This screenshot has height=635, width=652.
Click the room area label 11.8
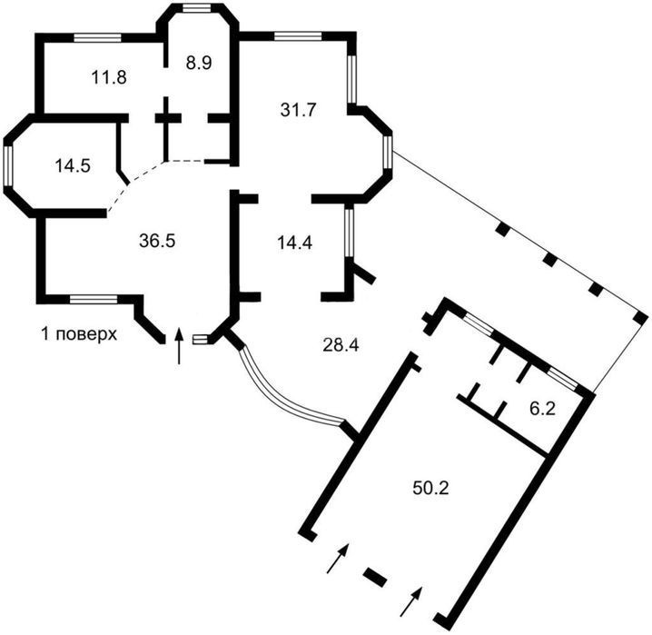click(x=109, y=77)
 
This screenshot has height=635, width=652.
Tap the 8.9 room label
click(x=199, y=63)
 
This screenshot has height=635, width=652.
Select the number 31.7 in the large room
click(x=298, y=110)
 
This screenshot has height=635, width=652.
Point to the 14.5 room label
click(x=73, y=166)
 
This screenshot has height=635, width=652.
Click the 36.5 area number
click(x=157, y=241)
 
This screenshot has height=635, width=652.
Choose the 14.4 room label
click(x=294, y=243)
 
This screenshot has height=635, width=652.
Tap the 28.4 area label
click(x=341, y=345)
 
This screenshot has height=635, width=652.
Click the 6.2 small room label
click(x=543, y=409)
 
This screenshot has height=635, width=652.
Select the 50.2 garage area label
click(x=430, y=488)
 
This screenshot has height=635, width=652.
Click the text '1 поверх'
click(x=79, y=334)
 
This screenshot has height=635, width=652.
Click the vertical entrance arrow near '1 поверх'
click(x=179, y=345)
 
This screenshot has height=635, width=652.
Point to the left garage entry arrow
click(x=338, y=558)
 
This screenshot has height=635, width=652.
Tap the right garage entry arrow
click(x=411, y=601)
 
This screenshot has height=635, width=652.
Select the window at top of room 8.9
click(x=197, y=8)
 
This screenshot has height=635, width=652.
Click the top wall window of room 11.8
click(x=98, y=37)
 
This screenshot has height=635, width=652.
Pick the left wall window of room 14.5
click(x=8, y=166)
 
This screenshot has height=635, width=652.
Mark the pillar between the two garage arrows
click(x=375, y=577)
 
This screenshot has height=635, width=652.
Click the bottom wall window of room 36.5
click(x=94, y=299)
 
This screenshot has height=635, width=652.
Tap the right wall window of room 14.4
click(x=349, y=233)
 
